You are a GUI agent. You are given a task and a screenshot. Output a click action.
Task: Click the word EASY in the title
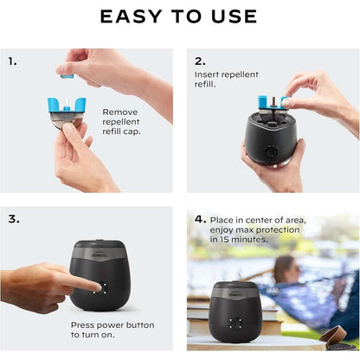coord(131,16)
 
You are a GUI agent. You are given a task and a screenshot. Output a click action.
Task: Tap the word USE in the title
coord(235,16)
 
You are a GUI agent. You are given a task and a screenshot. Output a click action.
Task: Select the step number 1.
coord(12,61)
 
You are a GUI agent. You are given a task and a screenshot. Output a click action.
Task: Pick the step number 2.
coord(201,61)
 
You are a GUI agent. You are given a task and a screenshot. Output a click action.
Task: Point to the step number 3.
coord(13,219)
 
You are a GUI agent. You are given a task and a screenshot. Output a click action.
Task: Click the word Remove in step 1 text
coord(121,112)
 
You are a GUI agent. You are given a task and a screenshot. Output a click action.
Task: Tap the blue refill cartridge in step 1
coord(67,107)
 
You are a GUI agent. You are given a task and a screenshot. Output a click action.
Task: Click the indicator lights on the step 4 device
coord(235,322)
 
